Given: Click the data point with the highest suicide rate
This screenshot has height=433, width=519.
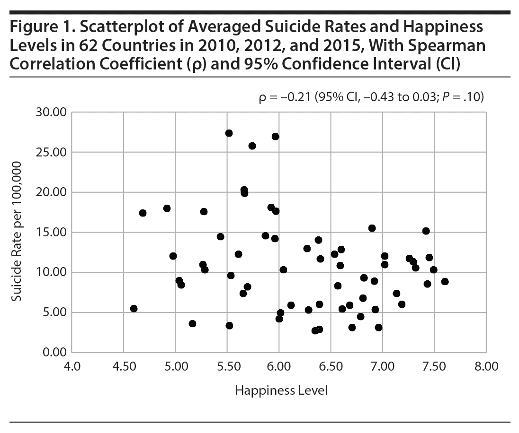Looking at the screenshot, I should click(229, 133).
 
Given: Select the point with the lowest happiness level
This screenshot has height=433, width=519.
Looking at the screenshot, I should click(134, 309).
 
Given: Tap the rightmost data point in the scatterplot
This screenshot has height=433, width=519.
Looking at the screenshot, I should click(445, 282).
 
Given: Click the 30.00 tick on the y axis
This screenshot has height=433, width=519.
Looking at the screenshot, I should click(53, 113).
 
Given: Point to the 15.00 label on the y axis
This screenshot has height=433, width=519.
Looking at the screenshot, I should click(53, 233).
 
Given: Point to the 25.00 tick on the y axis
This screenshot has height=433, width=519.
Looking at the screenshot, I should click(53, 153).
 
